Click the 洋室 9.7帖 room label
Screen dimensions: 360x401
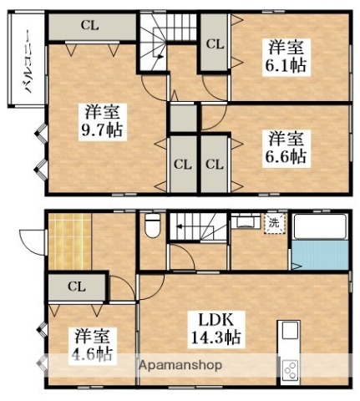(x=102, y=121)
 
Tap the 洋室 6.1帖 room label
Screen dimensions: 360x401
(x=286, y=57)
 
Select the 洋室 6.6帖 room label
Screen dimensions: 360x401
(x=286, y=149)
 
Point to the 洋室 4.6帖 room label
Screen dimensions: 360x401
(x=93, y=346)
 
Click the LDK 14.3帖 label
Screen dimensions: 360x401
(x=215, y=330)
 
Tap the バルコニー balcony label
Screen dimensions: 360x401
(x=30, y=62)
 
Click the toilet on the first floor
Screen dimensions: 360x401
(x=152, y=226)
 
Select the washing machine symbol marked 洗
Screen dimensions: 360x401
(x=275, y=223)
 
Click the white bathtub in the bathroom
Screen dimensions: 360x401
(x=320, y=226)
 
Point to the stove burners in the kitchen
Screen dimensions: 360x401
(x=291, y=370)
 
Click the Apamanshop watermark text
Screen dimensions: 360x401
(x=180, y=365)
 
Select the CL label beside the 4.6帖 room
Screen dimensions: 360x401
(x=76, y=287)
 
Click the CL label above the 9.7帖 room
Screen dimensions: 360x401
(x=89, y=26)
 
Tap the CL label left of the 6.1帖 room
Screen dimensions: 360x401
(x=215, y=44)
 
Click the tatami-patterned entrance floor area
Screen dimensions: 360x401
(x=69, y=241)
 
